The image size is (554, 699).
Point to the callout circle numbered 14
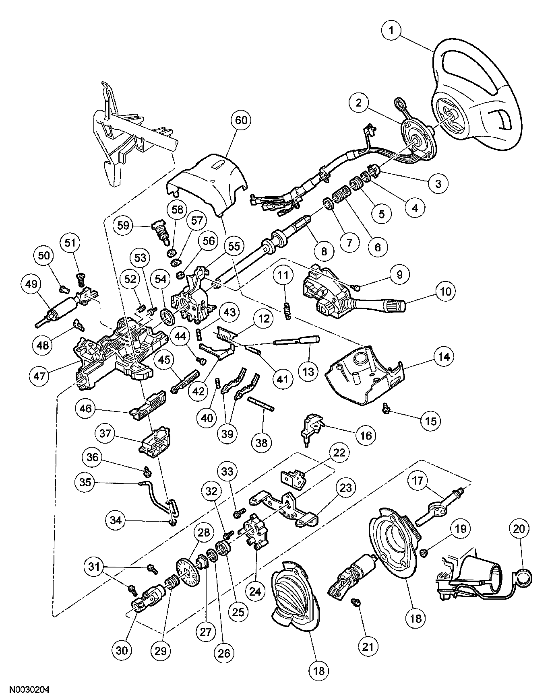[444, 356]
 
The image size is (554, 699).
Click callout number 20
[519, 529]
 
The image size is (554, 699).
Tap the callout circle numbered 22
[339, 452]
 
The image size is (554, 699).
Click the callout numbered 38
[262, 443]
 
